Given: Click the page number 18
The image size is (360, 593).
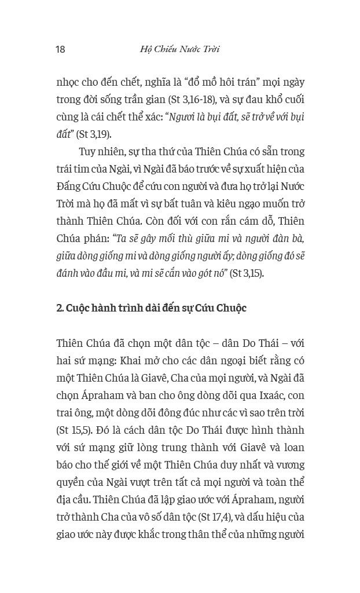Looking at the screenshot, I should point(60,49).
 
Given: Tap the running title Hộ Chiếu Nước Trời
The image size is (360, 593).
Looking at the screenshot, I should point(180,49).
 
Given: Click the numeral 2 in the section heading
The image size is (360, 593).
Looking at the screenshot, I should point(59,308).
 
